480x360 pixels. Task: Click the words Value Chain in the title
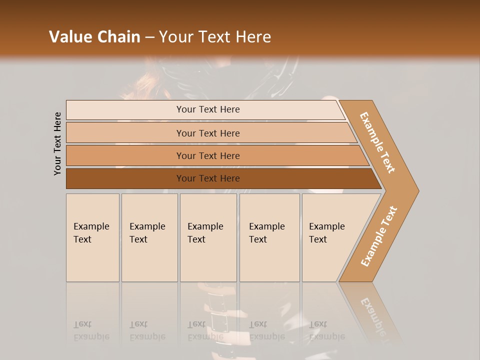click(x=94, y=37)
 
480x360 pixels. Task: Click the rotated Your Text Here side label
click(x=57, y=143)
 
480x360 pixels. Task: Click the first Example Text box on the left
click(x=92, y=237)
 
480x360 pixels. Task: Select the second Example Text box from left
click(x=149, y=237)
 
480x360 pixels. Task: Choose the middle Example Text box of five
click(x=208, y=237)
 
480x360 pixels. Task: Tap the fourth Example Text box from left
click(x=269, y=237)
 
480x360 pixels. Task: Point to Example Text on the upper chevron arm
click(x=378, y=142)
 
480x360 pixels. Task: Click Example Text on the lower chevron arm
click(x=379, y=236)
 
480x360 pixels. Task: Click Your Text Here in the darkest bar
click(x=208, y=178)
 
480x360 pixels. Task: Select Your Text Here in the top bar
click(x=208, y=109)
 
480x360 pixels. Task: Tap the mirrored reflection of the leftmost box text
click(x=91, y=330)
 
